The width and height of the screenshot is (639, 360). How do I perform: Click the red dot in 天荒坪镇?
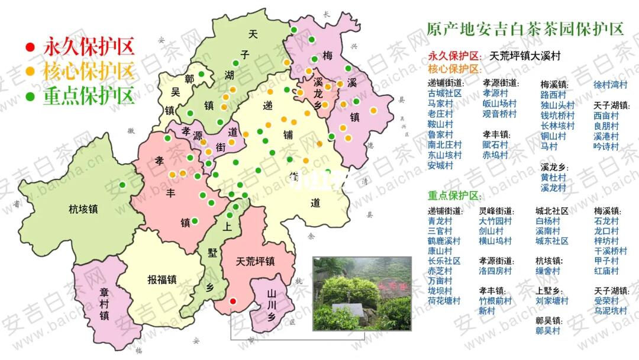pos(233,301)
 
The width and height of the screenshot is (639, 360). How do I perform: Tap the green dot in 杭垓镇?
pos(122,185)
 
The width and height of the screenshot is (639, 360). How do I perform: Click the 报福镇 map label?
pos(163,279)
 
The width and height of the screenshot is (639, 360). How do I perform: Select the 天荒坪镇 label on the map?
pos(255,261)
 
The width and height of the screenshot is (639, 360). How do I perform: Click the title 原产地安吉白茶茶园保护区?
pos(525,29)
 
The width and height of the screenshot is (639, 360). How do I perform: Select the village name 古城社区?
pos(445,94)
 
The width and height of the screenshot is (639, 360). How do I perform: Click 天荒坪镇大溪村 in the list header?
pos(525,56)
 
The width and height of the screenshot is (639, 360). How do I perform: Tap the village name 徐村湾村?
pos(610,84)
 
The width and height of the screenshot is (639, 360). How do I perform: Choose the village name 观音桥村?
pos(499,114)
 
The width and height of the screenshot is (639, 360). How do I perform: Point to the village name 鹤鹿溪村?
pos(444,241)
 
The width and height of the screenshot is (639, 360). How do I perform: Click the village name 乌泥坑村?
pos(611,311)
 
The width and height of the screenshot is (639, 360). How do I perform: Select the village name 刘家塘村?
pos(552,301)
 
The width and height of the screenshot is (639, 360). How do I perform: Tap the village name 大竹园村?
pos(496,221)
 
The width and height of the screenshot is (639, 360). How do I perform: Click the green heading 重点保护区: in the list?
pos(454,196)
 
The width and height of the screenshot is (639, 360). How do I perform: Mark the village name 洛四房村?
pos(496,271)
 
